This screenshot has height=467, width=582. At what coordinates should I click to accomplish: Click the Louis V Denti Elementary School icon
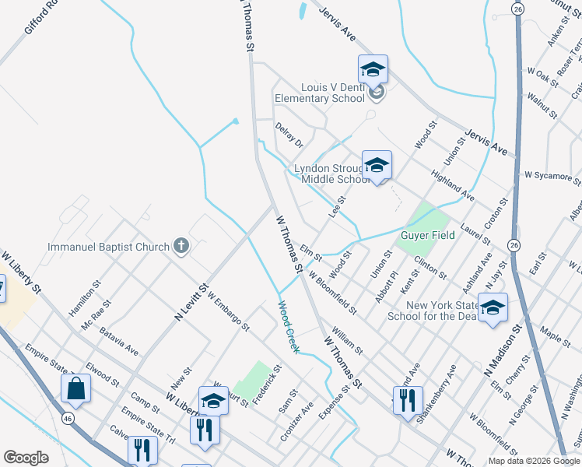(x=373, y=70)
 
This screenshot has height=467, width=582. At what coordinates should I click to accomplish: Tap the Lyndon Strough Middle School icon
(x=377, y=165)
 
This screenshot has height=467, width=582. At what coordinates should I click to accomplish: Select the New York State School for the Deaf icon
(x=492, y=308)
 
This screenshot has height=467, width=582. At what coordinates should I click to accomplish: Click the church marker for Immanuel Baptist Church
(x=181, y=247)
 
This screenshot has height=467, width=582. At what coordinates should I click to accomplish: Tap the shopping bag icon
(x=76, y=388)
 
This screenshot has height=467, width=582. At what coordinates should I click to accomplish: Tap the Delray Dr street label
(x=288, y=134)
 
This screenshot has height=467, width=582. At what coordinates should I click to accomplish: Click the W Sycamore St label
(x=552, y=176)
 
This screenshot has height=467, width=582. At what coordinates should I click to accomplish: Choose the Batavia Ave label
(x=119, y=341)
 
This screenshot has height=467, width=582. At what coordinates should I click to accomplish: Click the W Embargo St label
(x=228, y=310)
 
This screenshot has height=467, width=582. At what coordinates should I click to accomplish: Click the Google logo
(x=26, y=458)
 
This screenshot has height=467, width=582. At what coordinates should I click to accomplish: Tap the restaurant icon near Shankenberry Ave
(x=408, y=401)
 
